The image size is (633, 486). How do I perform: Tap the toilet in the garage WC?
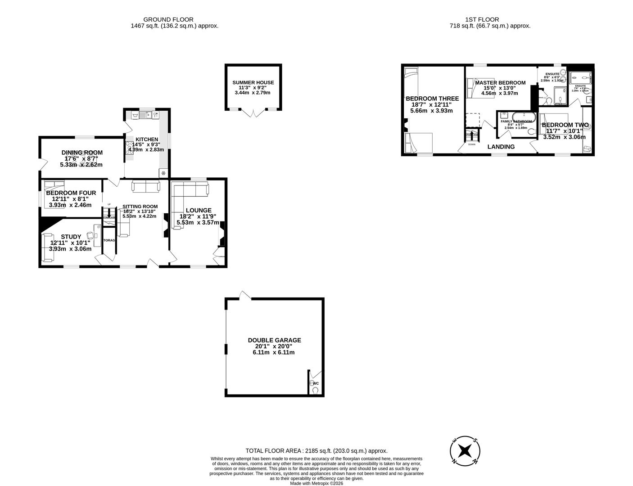click(315, 391)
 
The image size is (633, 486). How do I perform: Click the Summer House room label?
click(253, 82)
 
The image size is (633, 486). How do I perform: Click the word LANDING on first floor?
click(501, 147)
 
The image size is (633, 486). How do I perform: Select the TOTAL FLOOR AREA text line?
click(316, 450)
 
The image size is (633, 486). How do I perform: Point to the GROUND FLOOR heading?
click(168, 19)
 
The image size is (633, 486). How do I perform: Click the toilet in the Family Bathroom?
click(531, 131)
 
